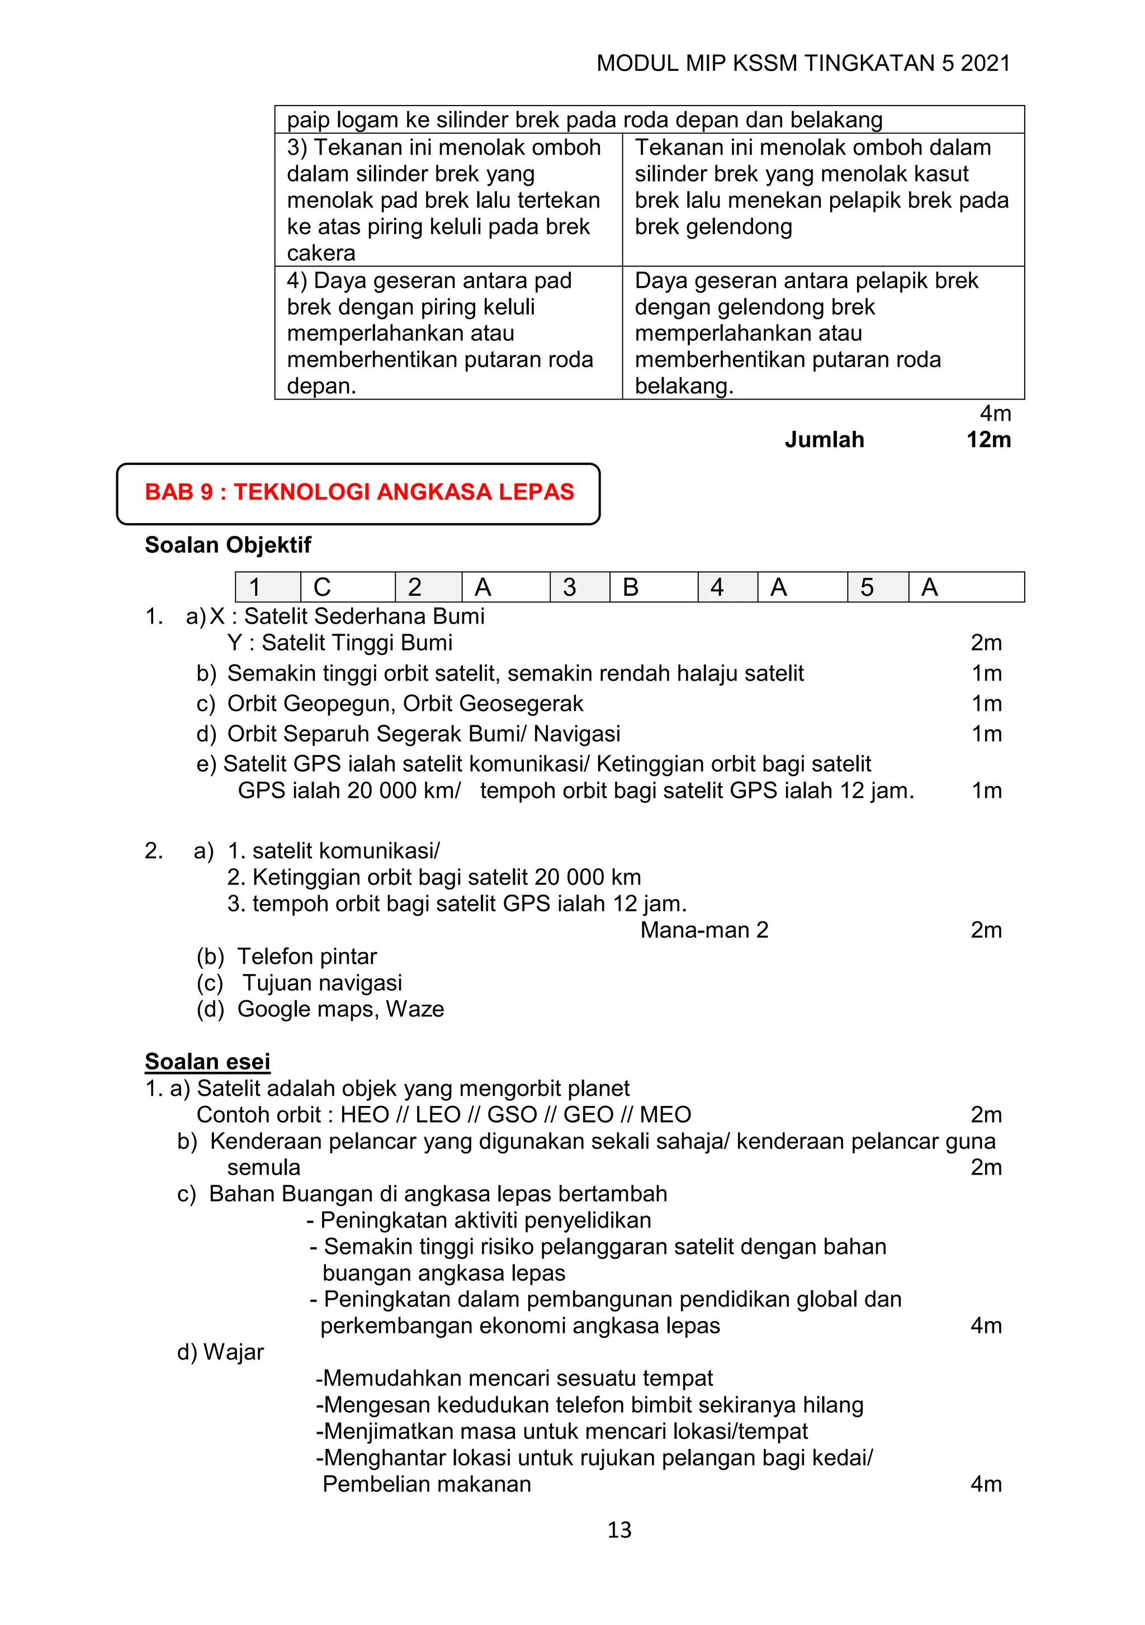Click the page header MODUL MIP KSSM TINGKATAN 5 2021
click(802, 64)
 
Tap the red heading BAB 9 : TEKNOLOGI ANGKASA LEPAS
click(359, 492)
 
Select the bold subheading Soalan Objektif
click(228, 545)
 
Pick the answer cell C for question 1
click(347, 587)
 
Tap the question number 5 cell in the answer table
click(877, 587)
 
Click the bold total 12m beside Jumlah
click(988, 440)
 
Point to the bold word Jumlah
click(824, 440)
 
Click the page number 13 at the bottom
click(619, 1530)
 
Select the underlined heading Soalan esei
click(207, 1062)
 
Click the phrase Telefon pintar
click(306, 957)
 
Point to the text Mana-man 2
click(704, 930)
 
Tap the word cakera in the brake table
click(321, 253)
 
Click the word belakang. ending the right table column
click(683, 387)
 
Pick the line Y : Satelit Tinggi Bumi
click(339, 643)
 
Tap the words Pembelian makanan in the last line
click(426, 1485)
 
